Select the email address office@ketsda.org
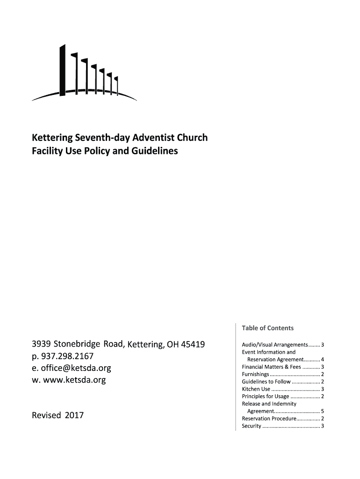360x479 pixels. click(x=75, y=368)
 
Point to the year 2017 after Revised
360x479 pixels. click(x=74, y=414)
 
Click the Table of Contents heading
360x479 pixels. click(x=267, y=328)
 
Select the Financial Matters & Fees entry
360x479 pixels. click(x=278, y=367)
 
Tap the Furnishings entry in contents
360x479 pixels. click(x=255, y=374)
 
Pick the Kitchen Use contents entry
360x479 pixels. click(x=256, y=389)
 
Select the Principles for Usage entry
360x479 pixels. click(x=266, y=396)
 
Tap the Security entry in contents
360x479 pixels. click(x=252, y=426)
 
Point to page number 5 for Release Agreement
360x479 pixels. click(x=323, y=411)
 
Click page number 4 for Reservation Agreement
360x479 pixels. click(x=323, y=360)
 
